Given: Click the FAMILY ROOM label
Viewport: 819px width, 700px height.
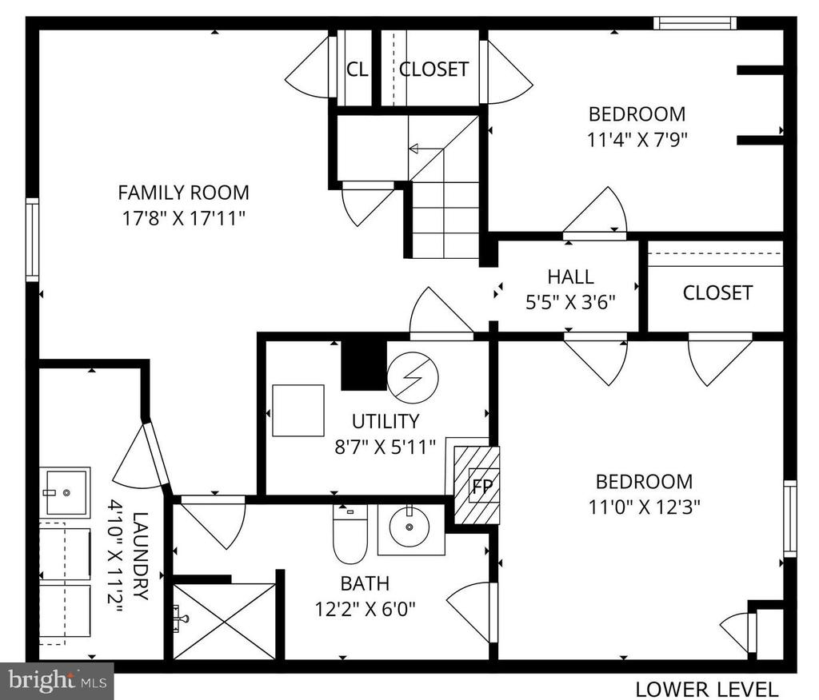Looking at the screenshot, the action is tap(183, 193).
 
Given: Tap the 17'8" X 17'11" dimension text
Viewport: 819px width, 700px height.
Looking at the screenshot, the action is tap(183, 217).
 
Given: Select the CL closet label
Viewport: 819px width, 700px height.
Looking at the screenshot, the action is tap(358, 69).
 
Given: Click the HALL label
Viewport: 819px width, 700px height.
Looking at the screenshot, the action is tap(570, 276).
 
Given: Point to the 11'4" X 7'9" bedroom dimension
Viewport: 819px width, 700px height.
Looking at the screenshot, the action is tap(637, 139).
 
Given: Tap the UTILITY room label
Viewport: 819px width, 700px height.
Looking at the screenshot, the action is tap(386, 421).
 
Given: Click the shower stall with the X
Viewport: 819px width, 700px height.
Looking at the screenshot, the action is tap(225, 621).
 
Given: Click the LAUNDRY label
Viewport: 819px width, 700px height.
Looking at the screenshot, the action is tap(141, 556).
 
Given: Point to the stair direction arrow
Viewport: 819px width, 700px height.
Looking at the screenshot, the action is tap(425, 149).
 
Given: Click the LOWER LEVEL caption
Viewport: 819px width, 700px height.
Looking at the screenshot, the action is tap(707, 690).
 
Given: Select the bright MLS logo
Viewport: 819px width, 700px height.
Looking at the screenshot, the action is tap(57, 681).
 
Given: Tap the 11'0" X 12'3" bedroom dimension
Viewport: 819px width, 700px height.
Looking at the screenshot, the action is tap(644, 507).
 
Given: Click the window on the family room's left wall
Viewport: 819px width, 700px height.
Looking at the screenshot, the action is tap(32, 240).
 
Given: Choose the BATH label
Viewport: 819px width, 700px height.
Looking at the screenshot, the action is tap(365, 583).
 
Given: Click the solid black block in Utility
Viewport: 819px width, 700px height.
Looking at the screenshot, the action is tap(364, 365).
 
